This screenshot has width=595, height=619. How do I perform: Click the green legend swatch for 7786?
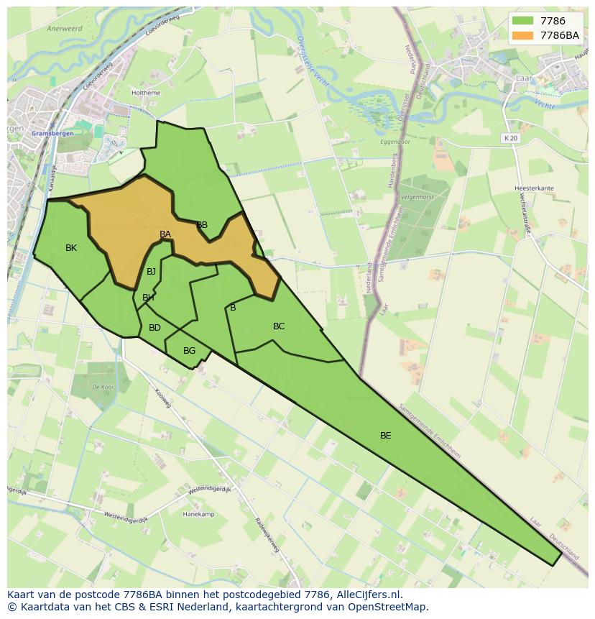click(522, 21)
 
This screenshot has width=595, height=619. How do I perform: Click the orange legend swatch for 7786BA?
click(522, 35)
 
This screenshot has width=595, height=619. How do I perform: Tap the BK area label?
click(71, 248)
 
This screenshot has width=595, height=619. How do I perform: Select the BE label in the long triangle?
click(386, 435)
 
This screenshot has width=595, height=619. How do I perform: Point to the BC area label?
click(279, 326)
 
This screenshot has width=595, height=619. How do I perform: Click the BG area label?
click(189, 351)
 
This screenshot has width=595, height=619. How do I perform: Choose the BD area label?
click(154, 328)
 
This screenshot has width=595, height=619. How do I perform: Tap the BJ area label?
click(151, 272)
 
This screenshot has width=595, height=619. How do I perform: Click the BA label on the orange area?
click(165, 234)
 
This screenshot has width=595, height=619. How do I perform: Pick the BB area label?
click(202, 225)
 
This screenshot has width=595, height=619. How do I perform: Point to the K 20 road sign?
click(510, 137)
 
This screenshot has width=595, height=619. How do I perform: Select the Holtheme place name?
click(146, 93)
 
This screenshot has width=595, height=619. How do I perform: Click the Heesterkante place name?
click(534, 188)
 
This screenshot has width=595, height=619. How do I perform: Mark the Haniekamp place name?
click(198, 514)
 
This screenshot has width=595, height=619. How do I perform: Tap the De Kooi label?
click(103, 387)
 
